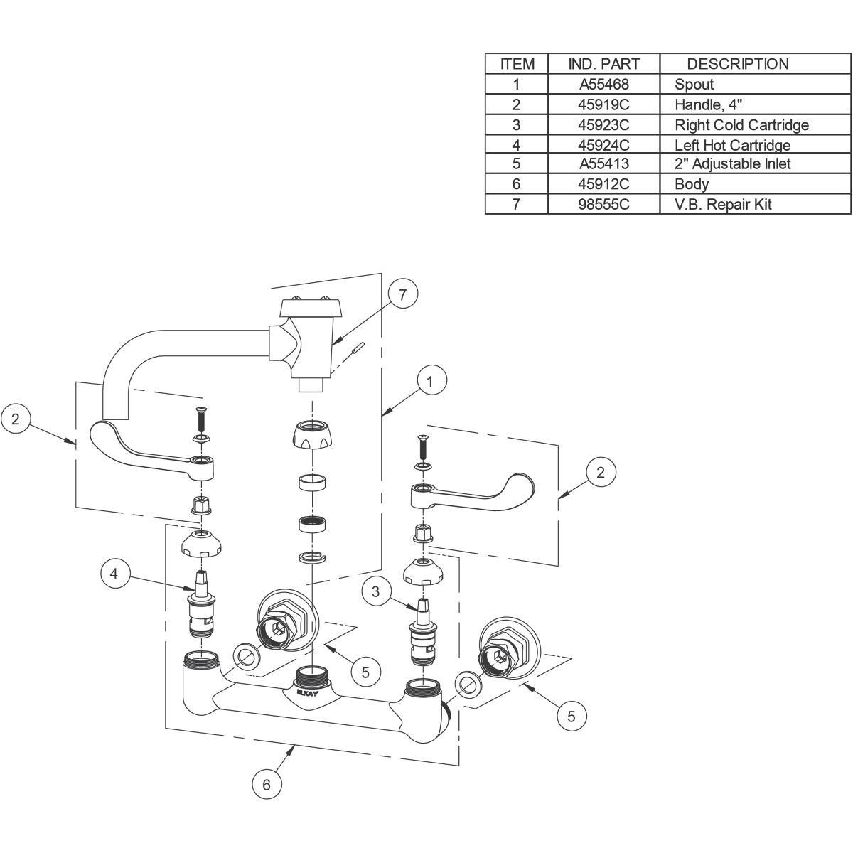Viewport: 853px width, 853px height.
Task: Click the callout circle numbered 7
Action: coord(402,294)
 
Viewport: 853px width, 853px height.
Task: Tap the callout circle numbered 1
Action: coord(429,381)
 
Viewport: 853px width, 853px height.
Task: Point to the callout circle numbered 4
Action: coord(114,574)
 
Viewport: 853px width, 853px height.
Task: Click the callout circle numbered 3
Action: coord(376,592)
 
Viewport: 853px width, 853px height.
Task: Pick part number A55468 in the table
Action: coord(603,84)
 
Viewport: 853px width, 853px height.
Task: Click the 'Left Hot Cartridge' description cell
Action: coord(732,145)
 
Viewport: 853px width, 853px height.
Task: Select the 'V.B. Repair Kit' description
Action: coord(723,205)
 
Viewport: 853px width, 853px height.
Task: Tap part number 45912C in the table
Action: coord(603,183)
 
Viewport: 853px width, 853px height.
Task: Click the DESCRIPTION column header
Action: coord(737,64)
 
